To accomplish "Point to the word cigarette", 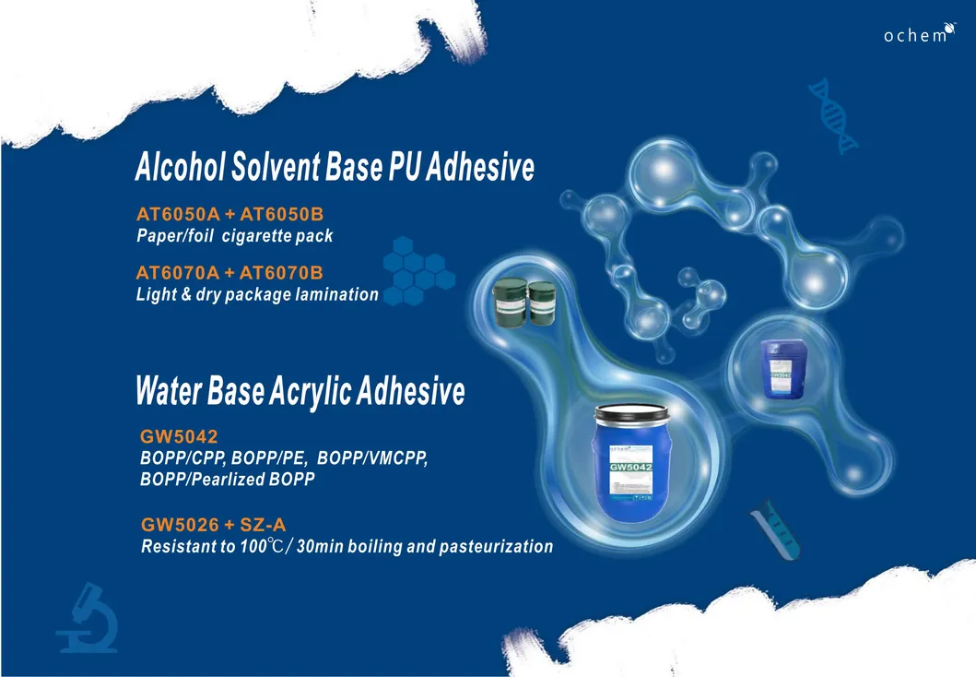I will pos(260,236).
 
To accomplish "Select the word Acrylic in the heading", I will pos(297,393).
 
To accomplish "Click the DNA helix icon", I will pos(833,114).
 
